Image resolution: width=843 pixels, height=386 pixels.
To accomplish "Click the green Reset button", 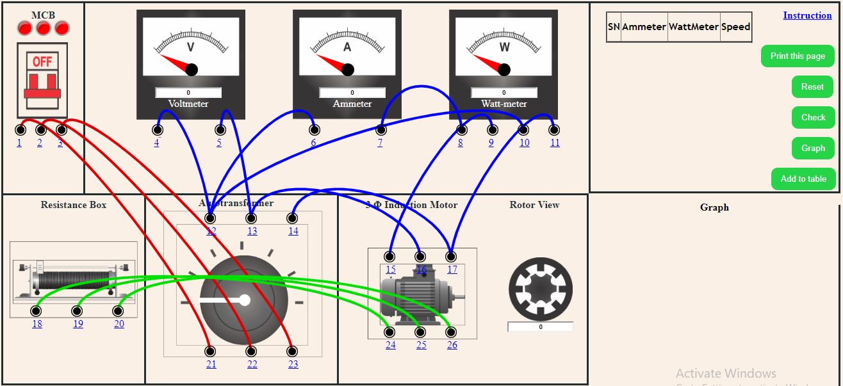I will [812, 86].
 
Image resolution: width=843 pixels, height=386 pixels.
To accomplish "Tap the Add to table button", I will [803, 179].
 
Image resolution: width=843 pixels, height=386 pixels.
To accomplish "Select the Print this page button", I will [798, 56].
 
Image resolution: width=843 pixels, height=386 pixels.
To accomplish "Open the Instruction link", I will [807, 15].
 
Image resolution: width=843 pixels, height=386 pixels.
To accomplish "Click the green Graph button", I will [813, 148].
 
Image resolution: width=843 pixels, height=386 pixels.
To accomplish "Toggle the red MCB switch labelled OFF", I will [42, 80].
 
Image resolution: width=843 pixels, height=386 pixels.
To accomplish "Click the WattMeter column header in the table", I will [694, 27].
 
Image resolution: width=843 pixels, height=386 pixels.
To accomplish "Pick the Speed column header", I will [735, 27].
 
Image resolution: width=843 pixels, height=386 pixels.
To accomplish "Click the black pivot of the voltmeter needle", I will [191, 70].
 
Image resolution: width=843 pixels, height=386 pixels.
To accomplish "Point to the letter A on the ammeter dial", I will [347, 47].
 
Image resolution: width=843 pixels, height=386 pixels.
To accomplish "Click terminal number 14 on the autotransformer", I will [293, 218].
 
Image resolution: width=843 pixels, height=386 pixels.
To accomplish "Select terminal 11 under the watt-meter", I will [554, 130].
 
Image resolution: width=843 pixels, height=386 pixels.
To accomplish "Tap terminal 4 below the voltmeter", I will [157, 130].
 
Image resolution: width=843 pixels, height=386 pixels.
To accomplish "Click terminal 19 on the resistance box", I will [77, 311].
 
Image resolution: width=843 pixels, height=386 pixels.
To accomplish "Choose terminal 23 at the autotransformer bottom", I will [293, 351].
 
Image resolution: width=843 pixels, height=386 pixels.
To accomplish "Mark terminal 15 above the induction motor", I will [390, 257].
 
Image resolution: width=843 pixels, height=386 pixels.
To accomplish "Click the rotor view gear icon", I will [540, 289].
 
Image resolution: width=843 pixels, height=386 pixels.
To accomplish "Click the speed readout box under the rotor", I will [540, 327].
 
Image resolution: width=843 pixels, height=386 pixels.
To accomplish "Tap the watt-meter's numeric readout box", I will [503, 93].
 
